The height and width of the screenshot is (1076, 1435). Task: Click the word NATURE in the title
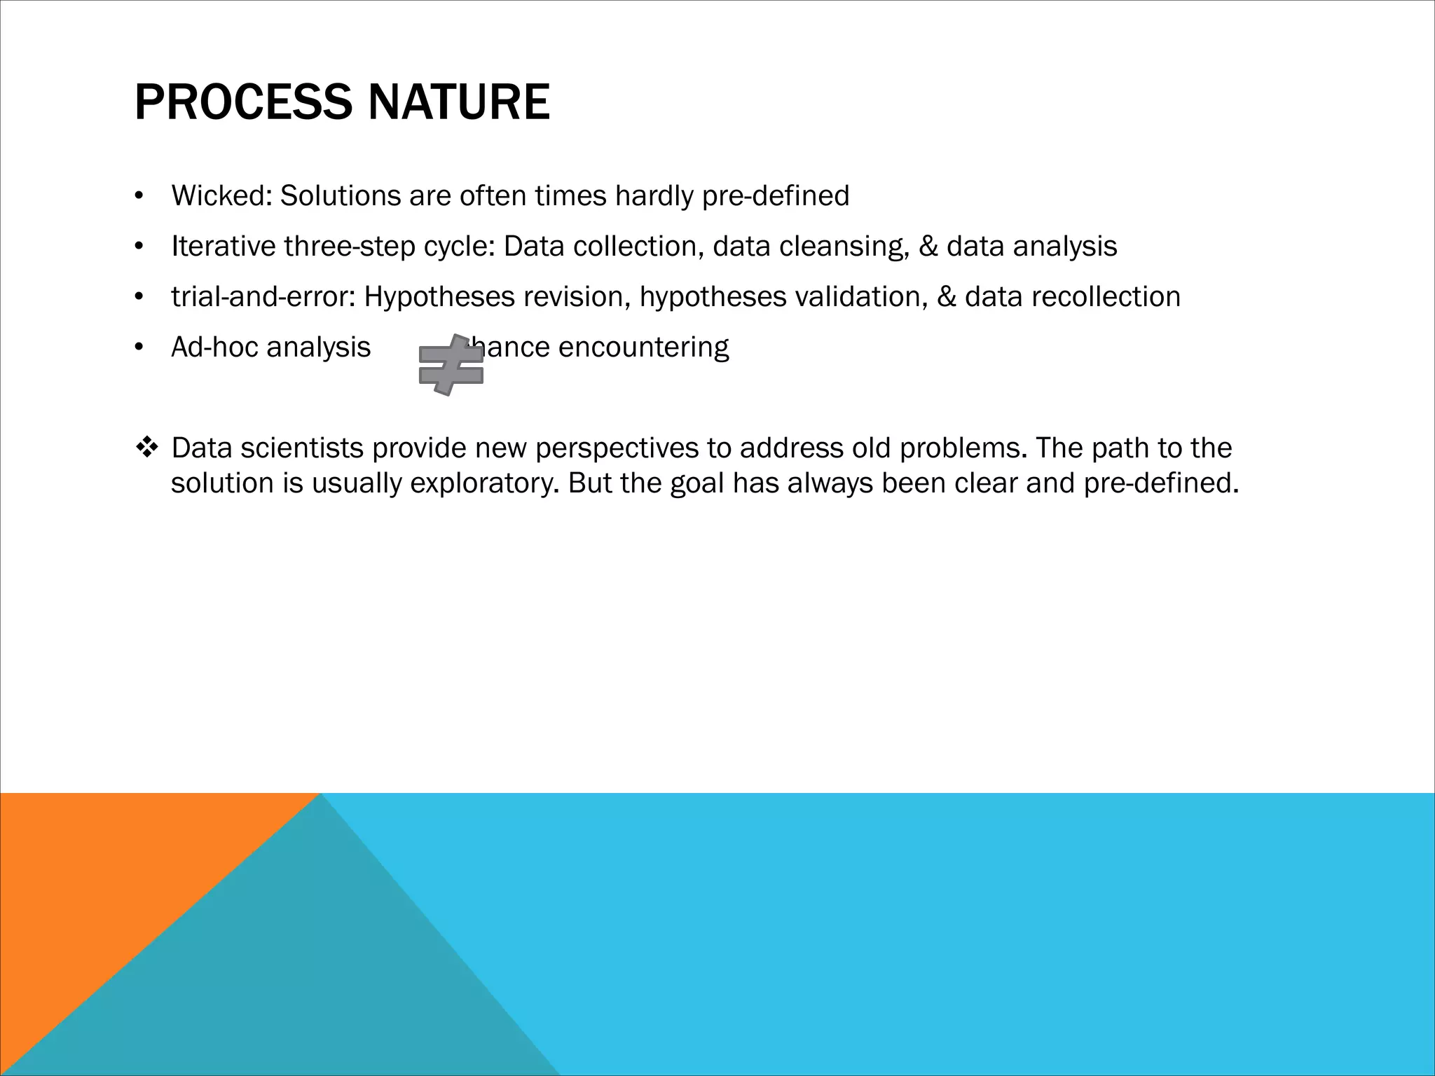click(458, 103)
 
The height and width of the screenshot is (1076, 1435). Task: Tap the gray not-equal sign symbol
click(451, 365)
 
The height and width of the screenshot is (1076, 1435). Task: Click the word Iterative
click(223, 246)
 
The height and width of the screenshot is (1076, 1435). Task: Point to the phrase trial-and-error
click(263, 296)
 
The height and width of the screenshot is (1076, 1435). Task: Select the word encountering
click(643, 347)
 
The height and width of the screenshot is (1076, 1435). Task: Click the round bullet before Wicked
click(139, 196)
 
